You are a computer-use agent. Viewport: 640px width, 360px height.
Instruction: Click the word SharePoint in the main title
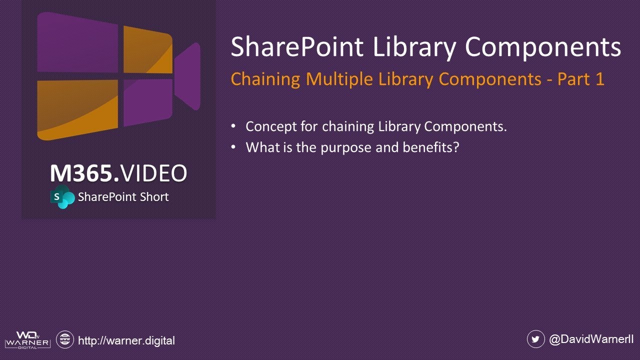click(x=296, y=47)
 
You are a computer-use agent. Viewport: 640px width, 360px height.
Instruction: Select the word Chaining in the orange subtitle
click(x=265, y=79)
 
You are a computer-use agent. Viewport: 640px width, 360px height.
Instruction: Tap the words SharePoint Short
click(x=123, y=197)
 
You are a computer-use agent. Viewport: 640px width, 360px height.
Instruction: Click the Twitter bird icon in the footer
click(x=535, y=339)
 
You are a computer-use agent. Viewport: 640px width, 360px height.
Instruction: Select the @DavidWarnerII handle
click(x=591, y=339)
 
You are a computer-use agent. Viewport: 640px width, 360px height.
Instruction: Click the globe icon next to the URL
click(x=64, y=340)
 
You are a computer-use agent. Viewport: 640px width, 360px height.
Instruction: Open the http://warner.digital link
click(x=126, y=340)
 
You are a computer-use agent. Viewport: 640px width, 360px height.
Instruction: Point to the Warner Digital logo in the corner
click(x=27, y=340)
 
